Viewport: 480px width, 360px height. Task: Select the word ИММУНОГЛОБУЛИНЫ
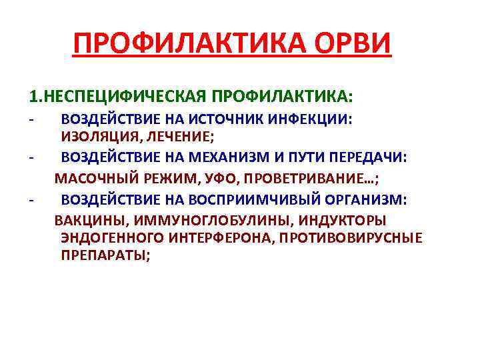(x=202, y=220)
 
